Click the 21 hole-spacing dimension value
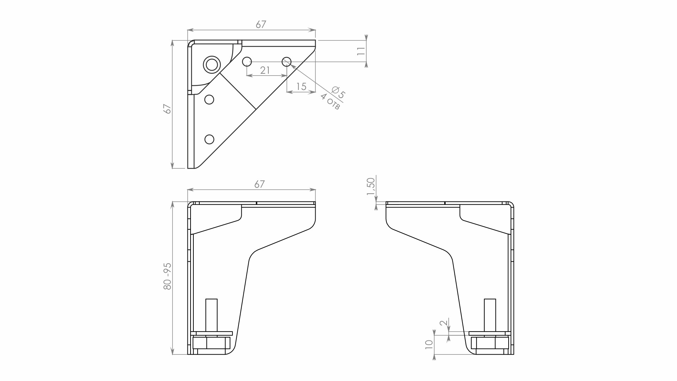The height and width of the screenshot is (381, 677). click(265, 70)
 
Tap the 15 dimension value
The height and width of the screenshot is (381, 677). click(302, 86)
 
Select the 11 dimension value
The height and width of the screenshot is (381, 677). click(361, 51)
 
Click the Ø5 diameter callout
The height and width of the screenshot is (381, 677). click(338, 92)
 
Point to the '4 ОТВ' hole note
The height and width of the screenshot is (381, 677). click(330, 102)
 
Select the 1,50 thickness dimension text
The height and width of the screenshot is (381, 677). click(371, 187)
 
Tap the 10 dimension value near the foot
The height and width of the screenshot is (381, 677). click(429, 345)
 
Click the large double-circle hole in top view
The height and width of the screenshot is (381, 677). click(212, 65)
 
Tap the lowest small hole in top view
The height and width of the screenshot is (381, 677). click(209, 139)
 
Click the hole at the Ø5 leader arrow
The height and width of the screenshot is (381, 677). click(287, 62)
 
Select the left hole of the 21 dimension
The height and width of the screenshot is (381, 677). click(247, 62)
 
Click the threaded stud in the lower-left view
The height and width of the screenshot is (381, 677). click(211, 315)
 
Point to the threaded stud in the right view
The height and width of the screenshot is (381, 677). click(490, 315)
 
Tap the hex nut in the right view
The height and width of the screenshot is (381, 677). click(490, 343)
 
